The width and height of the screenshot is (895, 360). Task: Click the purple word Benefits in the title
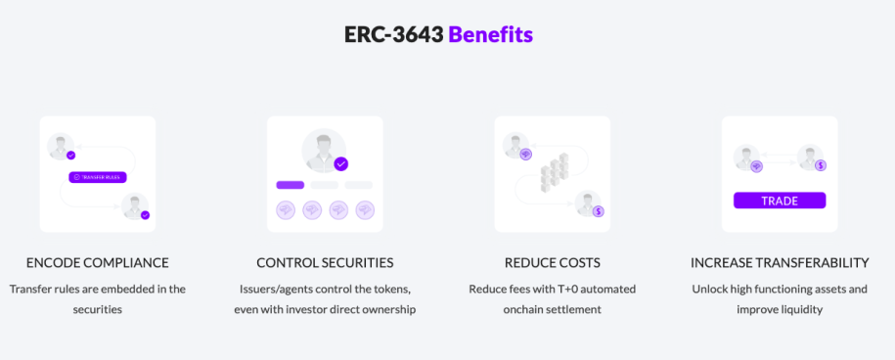click(490, 34)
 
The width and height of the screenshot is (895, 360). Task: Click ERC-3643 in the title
click(394, 34)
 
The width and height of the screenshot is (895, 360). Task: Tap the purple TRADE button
click(780, 201)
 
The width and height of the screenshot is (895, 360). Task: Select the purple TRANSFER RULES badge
click(98, 177)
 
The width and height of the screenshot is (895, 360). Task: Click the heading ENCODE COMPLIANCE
click(98, 263)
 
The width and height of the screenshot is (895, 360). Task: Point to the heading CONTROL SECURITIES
click(325, 263)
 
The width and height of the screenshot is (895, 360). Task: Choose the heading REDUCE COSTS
click(552, 263)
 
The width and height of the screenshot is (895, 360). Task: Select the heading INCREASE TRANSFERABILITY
click(780, 263)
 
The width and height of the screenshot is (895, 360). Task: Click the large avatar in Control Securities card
click(323, 150)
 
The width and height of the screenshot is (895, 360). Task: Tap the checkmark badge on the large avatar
click(340, 163)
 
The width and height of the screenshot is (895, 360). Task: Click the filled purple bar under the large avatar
click(291, 185)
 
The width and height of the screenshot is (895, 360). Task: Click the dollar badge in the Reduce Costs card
click(598, 210)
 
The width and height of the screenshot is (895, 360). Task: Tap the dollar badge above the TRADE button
click(820, 165)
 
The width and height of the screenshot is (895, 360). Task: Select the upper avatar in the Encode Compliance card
click(61, 147)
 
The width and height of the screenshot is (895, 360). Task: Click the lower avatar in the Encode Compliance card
click(134, 206)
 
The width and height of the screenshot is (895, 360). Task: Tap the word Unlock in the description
click(711, 289)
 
